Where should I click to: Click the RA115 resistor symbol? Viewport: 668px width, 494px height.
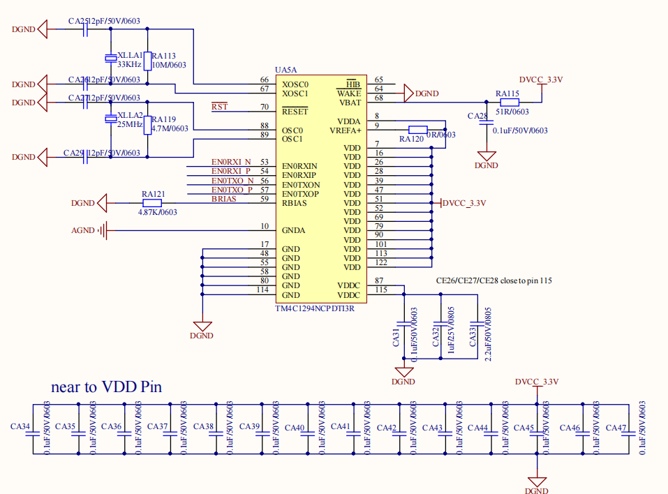click(510, 102)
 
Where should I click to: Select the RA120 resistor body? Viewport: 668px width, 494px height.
click(417, 129)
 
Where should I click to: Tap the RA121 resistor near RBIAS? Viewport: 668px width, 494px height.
click(152, 203)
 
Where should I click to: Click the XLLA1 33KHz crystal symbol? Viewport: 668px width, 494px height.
click(110, 58)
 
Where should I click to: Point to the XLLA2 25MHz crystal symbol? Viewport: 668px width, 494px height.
click(110, 119)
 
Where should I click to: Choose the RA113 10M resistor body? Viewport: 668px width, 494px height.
click(147, 60)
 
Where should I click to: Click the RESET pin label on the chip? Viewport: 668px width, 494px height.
click(295, 111)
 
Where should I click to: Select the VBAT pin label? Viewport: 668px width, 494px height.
click(350, 102)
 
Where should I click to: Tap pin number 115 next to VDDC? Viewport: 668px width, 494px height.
click(380, 290)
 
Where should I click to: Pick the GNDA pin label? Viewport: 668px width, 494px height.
click(295, 230)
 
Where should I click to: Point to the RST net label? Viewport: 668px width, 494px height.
click(219, 107)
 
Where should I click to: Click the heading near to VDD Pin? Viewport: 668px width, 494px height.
click(107, 387)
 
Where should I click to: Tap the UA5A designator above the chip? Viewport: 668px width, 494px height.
click(286, 70)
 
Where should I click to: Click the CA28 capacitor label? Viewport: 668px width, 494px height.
click(477, 116)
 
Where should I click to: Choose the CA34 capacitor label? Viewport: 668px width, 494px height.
click(20, 426)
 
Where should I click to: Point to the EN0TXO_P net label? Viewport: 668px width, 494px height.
click(232, 190)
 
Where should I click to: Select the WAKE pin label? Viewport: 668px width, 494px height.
click(348, 93)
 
